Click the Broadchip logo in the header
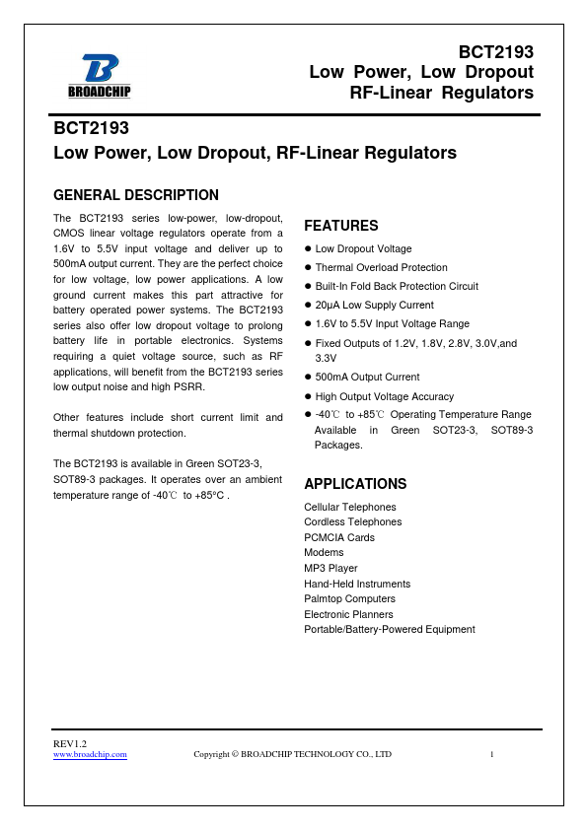99,76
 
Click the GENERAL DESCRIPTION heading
135,195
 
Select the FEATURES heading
340,226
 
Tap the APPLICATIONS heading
355,484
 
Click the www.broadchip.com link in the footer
90,754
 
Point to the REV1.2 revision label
69,742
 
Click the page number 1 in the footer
491,754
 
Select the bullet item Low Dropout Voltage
363,249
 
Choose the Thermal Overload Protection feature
381,268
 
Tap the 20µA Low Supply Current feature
374,306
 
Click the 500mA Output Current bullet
367,378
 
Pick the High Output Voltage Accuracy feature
384,396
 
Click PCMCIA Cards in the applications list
339,537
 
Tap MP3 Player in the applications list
330,568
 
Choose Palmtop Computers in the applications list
349,598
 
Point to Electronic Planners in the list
348,614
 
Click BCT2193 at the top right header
496,52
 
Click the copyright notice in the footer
292,754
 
